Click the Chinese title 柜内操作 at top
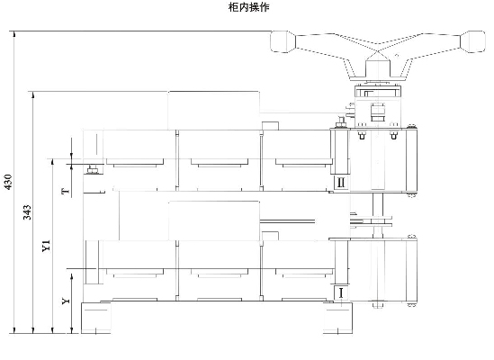(248, 7)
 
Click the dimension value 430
(8, 182)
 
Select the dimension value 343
(27, 212)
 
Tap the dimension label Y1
(46, 246)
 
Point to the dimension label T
(66, 191)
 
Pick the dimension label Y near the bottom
(66, 301)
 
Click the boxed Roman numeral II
(341, 183)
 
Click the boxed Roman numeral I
(340, 292)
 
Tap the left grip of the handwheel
(283, 41)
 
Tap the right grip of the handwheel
(472, 41)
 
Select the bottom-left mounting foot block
(96, 318)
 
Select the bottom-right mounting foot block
(337, 318)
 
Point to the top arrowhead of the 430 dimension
(13, 33)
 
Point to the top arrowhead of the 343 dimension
(33, 94)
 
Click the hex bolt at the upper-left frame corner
(93, 169)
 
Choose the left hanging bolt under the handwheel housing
(362, 136)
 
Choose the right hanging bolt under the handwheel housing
(394, 136)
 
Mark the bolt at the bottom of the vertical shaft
(378, 304)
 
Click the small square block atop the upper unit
(270, 125)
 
